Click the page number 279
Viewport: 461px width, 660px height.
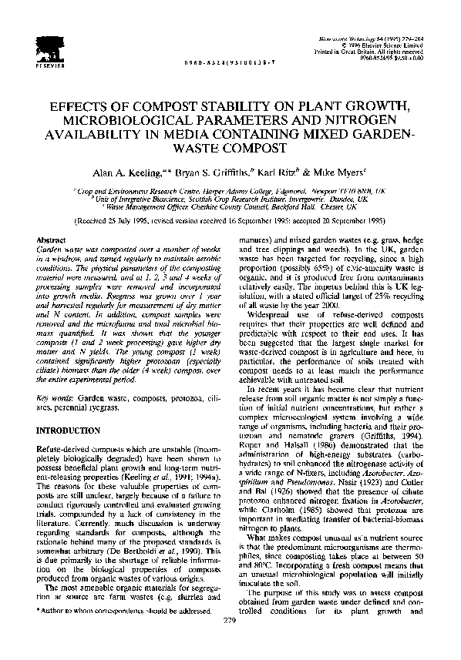tap(230, 642)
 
